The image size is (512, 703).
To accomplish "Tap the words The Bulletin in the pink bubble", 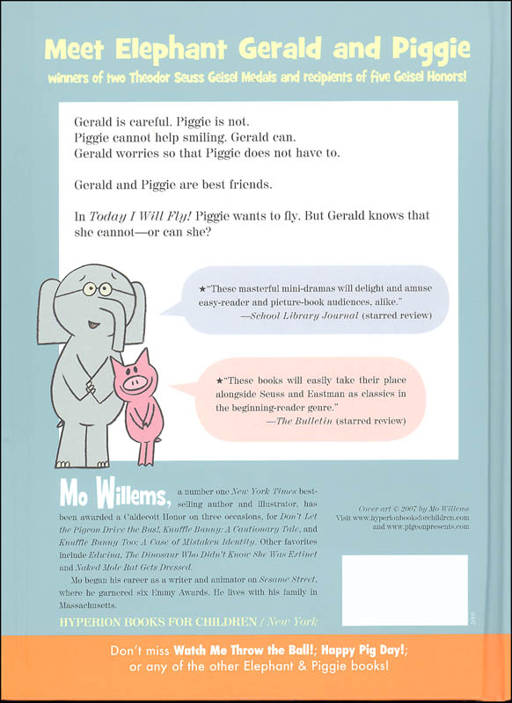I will [x=303, y=422].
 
